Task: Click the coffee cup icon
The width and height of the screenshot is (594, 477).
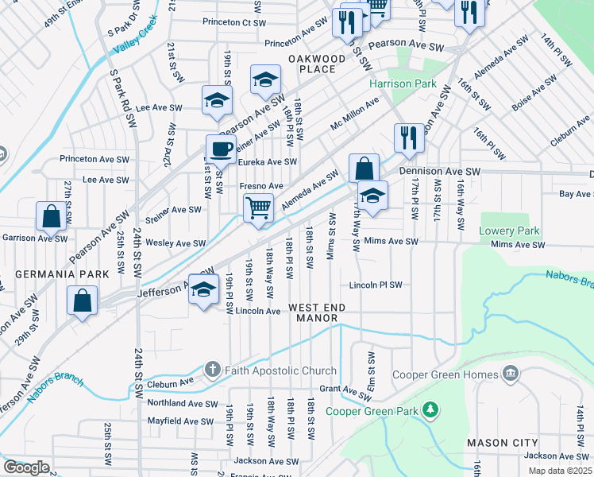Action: click(x=221, y=148)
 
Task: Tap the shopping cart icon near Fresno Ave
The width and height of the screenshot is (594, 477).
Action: click(x=258, y=207)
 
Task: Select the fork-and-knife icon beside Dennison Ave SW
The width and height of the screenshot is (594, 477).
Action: click(x=409, y=137)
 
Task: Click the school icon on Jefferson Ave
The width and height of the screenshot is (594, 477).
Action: click(x=203, y=288)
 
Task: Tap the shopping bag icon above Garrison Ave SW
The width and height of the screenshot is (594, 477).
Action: click(x=51, y=215)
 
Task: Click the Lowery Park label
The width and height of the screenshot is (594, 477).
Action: click(x=509, y=231)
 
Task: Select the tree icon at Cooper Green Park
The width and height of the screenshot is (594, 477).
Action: click(x=430, y=409)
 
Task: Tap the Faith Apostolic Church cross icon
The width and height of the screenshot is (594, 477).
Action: click(x=212, y=370)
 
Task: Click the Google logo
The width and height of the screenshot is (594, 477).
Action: click(x=26, y=467)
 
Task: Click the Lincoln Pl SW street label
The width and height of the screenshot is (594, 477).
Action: click(x=376, y=285)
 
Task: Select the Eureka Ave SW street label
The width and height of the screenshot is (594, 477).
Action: click(x=268, y=162)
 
